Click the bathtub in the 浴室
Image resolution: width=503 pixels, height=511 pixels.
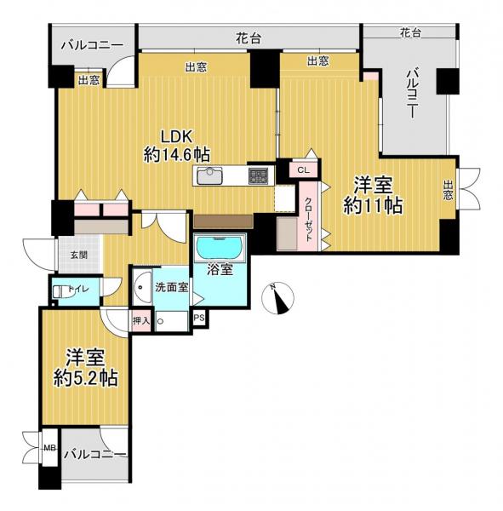click(220, 250)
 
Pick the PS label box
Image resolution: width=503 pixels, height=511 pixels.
click(199, 319)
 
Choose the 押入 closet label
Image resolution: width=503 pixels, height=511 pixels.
click(141, 321)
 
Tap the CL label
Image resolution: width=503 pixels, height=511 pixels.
click(303, 170)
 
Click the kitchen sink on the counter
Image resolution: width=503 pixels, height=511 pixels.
click(209, 177)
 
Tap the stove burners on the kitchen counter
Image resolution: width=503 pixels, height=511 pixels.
click(258, 176)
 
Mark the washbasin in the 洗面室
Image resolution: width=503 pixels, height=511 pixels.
click(142, 286)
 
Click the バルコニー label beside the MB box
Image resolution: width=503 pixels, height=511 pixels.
click(95, 453)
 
